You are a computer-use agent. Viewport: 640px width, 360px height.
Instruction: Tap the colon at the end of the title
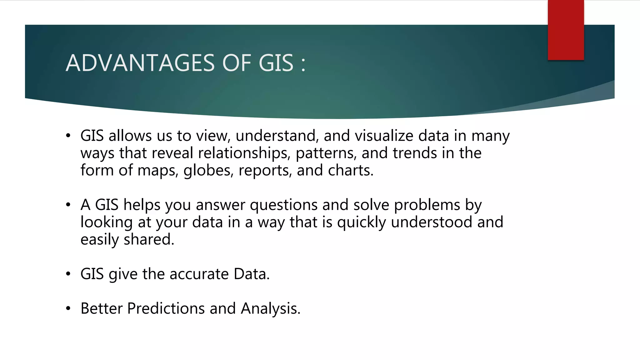(303, 64)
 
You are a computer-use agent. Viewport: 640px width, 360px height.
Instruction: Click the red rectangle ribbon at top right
(566, 30)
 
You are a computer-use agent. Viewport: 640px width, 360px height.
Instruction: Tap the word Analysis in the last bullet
(270, 309)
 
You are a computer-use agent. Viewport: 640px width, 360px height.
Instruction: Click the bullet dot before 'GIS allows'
(68, 136)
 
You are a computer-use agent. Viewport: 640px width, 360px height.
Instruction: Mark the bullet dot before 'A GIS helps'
(68, 205)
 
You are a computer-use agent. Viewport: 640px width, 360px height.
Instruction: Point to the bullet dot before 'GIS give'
(68, 274)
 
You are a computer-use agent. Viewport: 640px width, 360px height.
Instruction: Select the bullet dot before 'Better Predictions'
(68, 309)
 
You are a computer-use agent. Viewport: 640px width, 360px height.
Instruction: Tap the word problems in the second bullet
(427, 205)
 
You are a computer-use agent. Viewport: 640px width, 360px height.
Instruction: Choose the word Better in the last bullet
(101, 309)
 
